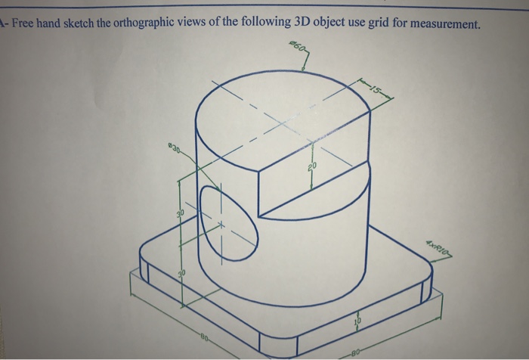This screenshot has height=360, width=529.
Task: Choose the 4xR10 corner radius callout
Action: (x=438, y=246)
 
